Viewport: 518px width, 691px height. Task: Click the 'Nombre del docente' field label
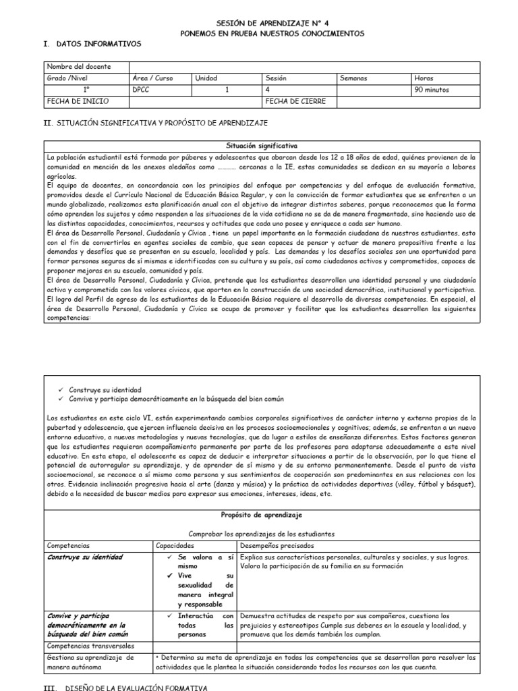[x=73, y=67]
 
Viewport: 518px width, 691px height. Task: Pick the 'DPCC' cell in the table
[x=142, y=90]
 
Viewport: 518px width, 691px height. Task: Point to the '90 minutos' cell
[x=432, y=90]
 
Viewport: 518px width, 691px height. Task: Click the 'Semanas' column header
[x=354, y=78]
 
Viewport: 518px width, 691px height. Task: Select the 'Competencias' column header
[x=68, y=545]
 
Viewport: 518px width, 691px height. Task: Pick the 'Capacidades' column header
[x=175, y=545]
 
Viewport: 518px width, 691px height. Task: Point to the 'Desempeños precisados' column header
[x=277, y=545]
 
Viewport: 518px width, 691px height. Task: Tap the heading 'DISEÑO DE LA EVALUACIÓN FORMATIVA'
[x=135, y=686]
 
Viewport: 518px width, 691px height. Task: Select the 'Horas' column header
[x=424, y=78]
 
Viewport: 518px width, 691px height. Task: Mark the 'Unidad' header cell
[x=206, y=78]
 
